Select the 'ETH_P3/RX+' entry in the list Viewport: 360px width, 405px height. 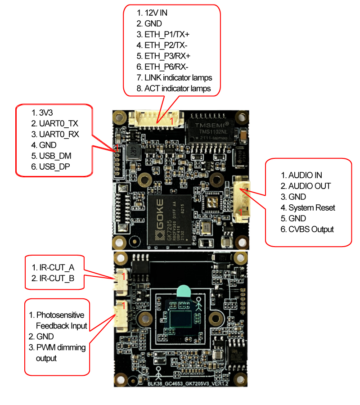(x=167, y=56)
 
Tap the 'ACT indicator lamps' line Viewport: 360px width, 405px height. (x=177, y=89)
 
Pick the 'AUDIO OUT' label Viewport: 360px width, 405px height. (x=309, y=186)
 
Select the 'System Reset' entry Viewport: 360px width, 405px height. (x=311, y=207)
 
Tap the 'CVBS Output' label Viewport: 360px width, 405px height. (x=311, y=229)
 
